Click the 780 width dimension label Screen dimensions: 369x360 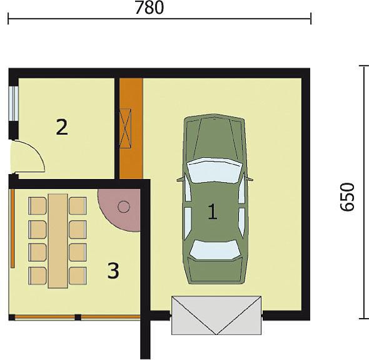[149, 8]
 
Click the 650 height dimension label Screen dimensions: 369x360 [347, 197]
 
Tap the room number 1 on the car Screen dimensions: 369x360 [213, 212]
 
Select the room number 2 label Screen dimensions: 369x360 [62, 127]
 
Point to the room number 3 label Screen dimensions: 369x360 [113, 270]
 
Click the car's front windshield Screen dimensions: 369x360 [215, 171]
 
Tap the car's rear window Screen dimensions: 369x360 [215, 250]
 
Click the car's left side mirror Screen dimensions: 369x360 [181, 180]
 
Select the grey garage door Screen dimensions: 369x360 [216, 316]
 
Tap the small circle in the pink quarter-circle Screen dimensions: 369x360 [124, 207]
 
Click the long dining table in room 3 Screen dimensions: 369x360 [58, 241]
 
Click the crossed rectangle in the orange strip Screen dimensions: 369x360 [126, 128]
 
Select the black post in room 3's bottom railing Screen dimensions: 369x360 [78, 317]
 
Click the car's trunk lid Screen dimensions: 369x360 [215, 270]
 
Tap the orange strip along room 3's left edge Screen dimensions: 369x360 [13, 228]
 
